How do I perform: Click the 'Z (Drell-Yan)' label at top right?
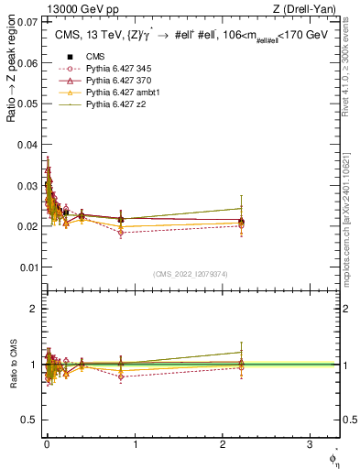point(307,9)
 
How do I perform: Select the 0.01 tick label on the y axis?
point(28,267)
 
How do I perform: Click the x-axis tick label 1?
point(135,444)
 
